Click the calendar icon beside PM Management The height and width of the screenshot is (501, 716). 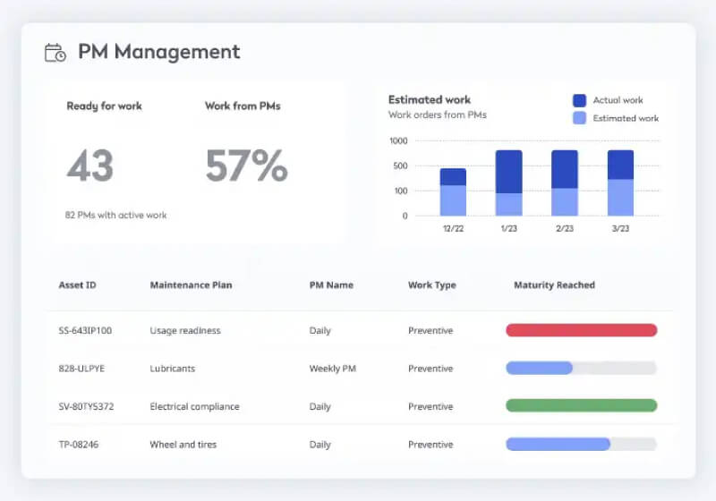(55, 53)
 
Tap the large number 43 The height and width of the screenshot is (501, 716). (90, 166)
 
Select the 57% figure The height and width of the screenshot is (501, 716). (246, 166)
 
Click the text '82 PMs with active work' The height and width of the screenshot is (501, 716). (116, 215)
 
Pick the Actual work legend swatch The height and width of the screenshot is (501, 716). (579, 101)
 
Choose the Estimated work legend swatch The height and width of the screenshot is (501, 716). (579, 118)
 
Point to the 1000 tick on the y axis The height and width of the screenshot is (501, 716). (398, 140)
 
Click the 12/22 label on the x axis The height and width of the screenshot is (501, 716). (453, 229)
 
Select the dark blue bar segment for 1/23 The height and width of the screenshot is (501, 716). (508, 171)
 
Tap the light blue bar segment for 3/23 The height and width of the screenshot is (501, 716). (620, 198)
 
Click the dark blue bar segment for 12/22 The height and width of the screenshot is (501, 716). (453, 176)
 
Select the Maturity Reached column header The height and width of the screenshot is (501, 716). (554, 285)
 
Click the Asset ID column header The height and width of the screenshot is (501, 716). (77, 285)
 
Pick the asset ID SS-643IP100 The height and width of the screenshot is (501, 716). (85, 331)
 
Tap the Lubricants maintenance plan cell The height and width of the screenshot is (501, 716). (172, 369)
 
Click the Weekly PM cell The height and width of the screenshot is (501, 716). (334, 369)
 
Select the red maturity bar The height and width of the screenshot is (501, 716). (581, 330)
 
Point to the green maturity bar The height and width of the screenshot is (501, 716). (581, 405)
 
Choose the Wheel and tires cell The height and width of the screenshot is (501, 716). (183, 445)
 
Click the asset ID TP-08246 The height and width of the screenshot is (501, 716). (79, 445)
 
